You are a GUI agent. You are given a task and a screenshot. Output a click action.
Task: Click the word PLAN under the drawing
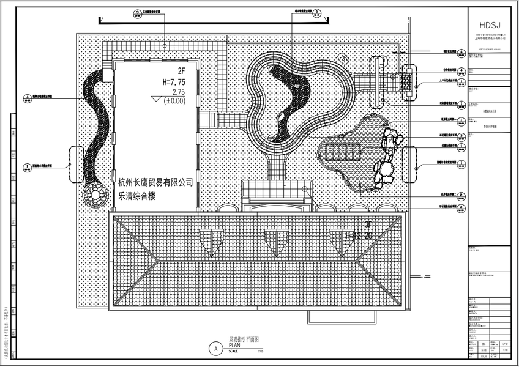click(x=236, y=345)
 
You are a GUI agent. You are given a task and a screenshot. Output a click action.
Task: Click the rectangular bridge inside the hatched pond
click(x=343, y=152)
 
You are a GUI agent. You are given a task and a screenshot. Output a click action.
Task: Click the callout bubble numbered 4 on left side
click(x=28, y=97)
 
